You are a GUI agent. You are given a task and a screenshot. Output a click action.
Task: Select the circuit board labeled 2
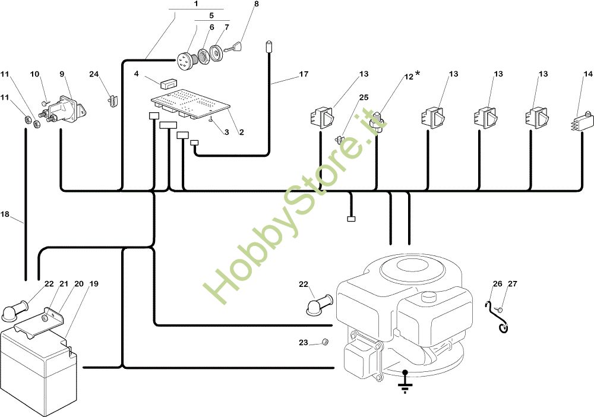[x=190, y=101]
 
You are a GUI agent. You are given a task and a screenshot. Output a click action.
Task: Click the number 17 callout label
[x=304, y=75]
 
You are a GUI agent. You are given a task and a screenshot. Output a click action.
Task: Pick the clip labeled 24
[x=111, y=99]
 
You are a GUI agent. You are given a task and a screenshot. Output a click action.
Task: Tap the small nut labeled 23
[x=326, y=342]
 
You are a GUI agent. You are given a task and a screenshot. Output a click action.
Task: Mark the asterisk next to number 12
[x=417, y=73]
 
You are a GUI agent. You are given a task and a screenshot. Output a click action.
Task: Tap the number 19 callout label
[x=93, y=284]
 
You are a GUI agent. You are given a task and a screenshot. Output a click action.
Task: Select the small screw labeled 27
[x=502, y=309]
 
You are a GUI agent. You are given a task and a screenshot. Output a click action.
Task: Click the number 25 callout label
[x=364, y=96]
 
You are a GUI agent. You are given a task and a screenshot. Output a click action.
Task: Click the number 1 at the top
[x=195, y=4]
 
